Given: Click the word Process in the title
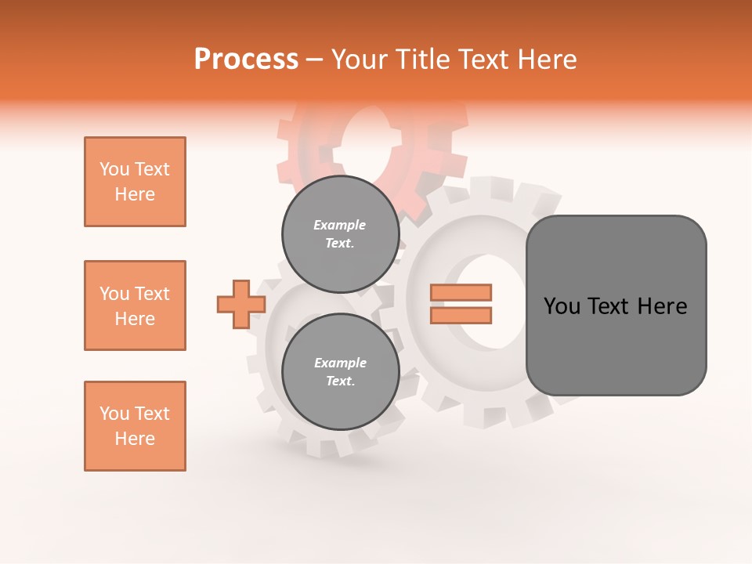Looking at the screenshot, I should (x=246, y=60).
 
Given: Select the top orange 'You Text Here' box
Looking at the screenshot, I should (x=135, y=182).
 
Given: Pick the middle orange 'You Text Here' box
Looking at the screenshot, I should (x=135, y=305).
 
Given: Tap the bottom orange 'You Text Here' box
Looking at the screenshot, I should (x=135, y=426).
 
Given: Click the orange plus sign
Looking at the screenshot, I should (x=240, y=304).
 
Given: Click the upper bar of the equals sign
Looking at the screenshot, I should (x=461, y=292).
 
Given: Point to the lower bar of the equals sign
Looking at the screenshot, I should (x=461, y=316).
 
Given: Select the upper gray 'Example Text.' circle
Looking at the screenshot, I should (x=340, y=233).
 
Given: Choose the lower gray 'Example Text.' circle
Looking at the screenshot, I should (x=340, y=371).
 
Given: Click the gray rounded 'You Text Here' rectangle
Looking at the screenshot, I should (x=616, y=305).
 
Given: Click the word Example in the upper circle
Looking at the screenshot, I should (x=340, y=225).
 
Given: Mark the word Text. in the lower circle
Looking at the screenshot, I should (x=340, y=381).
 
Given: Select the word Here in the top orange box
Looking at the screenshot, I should (x=135, y=194).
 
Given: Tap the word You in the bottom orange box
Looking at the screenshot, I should (x=114, y=414).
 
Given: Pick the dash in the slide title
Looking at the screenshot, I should (x=314, y=60).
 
